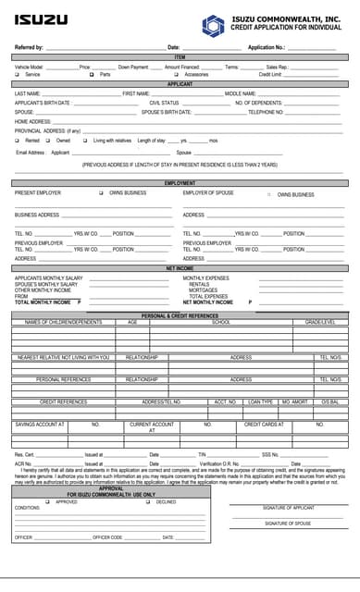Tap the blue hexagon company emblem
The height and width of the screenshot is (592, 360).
(215, 23)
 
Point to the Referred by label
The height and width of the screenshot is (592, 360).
(29, 47)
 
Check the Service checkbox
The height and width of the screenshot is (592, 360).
(18, 74)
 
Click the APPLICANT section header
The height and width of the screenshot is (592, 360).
(180, 84)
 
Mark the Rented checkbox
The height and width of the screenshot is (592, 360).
(18, 141)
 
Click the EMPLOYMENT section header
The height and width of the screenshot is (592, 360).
(180, 183)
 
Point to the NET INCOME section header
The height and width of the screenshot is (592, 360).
(180, 268)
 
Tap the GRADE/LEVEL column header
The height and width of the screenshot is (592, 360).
(320, 323)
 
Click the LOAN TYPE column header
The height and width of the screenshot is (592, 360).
(261, 402)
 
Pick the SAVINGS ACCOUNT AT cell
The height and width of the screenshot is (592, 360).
(40, 425)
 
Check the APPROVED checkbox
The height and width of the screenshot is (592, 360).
(47, 502)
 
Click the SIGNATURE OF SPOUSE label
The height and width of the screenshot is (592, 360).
(288, 524)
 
